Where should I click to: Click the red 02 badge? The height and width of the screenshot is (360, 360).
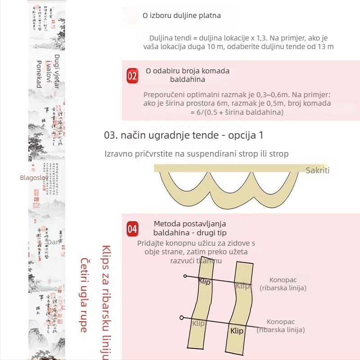tap(132, 76)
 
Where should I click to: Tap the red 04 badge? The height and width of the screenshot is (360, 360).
tap(132, 229)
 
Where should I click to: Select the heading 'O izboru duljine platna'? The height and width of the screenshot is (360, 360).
tap(182, 15)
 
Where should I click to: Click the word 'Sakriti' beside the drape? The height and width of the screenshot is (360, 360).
tap(318, 170)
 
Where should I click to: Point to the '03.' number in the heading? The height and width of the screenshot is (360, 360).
tap(111, 135)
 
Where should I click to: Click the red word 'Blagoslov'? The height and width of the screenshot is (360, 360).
tap(33, 177)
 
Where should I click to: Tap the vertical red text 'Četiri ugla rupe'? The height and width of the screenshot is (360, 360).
tap(84, 295)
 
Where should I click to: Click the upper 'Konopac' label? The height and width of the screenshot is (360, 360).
tap(283, 280)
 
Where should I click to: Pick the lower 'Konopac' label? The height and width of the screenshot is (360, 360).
tap(280, 322)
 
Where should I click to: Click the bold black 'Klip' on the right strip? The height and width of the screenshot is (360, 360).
tap(237, 331)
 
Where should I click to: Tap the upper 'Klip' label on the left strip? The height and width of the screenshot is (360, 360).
tap(205, 281)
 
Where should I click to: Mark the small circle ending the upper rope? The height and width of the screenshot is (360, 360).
tap(184, 276)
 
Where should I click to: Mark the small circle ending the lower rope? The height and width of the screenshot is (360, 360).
tap(181, 317)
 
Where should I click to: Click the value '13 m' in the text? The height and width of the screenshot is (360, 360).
tap(324, 46)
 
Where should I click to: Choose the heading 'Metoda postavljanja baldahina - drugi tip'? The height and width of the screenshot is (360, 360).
tap(190, 228)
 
